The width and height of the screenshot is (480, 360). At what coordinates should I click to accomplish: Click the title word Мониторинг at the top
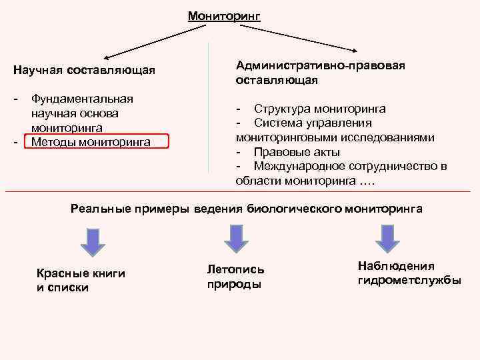[223, 16]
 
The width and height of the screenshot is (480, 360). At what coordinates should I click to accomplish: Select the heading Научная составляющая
[85, 69]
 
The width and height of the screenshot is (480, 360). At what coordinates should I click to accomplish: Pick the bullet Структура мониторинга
[319, 109]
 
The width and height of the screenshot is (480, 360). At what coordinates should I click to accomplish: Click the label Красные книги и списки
[81, 280]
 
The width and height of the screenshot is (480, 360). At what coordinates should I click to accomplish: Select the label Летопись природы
[235, 277]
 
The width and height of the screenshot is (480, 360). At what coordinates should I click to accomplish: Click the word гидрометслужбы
[409, 280]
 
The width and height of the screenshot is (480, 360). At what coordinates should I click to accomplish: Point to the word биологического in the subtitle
[294, 209]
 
